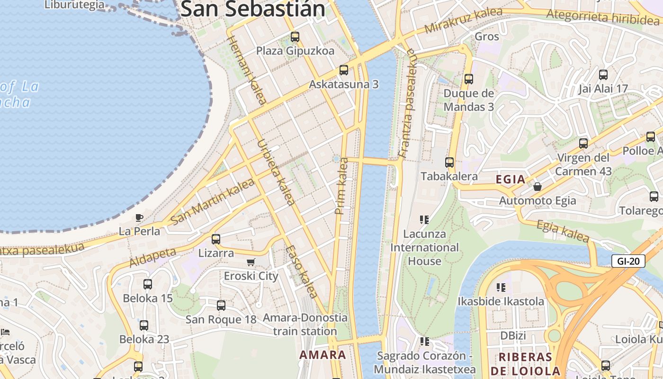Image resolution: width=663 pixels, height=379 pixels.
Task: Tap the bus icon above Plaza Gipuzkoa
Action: pyautogui.click(x=295, y=37)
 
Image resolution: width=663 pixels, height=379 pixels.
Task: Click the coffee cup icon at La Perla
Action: pyautogui.click(x=139, y=217)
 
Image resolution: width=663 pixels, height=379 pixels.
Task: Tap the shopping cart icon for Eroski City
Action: pyautogui.click(x=251, y=262)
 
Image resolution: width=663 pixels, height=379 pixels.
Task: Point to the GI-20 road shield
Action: pyautogui.click(x=628, y=261)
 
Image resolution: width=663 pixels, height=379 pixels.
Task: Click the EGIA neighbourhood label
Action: pyautogui.click(x=511, y=180)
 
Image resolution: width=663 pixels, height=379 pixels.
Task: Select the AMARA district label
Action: pyautogui.click(x=323, y=355)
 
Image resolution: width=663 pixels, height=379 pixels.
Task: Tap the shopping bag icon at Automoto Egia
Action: pyautogui.click(x=538, y=187)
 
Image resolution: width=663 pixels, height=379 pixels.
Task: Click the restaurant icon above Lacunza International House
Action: pyautogui.click(x=424, y=220)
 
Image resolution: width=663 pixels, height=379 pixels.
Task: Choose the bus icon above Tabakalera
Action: pyautogui.click(x=449, y=162)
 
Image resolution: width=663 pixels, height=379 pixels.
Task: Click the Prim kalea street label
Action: pyautogui.click(x=341, y=186)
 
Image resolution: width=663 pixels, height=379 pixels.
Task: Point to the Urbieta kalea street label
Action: pyautogui.click(x=276, y=172)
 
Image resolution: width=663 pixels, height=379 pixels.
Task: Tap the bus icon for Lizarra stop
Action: pyautogui.click(x=216, y=239)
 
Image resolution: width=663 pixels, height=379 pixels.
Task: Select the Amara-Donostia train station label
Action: pyautogui.click(x=305, y=325)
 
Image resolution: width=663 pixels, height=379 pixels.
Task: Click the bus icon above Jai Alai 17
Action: pyautogui.click(x=603, y=75)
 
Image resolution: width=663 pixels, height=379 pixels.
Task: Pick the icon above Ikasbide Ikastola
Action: pyautogui.click(x=501, y=288)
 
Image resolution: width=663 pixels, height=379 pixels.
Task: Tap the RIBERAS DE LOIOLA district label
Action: pyautogui.click(x=526, y=364)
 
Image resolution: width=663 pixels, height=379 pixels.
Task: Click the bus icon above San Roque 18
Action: pyautogui.click(x=221, y=306)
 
